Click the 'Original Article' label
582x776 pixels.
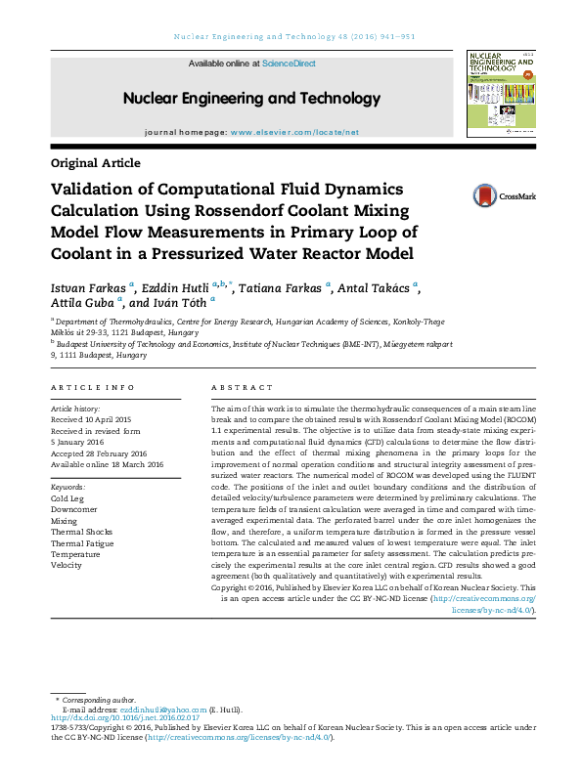(95, 163)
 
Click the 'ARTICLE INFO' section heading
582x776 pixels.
(92, 388)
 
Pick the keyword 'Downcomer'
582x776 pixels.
(73, 510)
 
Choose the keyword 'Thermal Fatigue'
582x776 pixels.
(82, 542)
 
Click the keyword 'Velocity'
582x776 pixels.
(67, 565)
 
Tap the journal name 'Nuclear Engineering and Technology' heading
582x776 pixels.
(251, 99)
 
